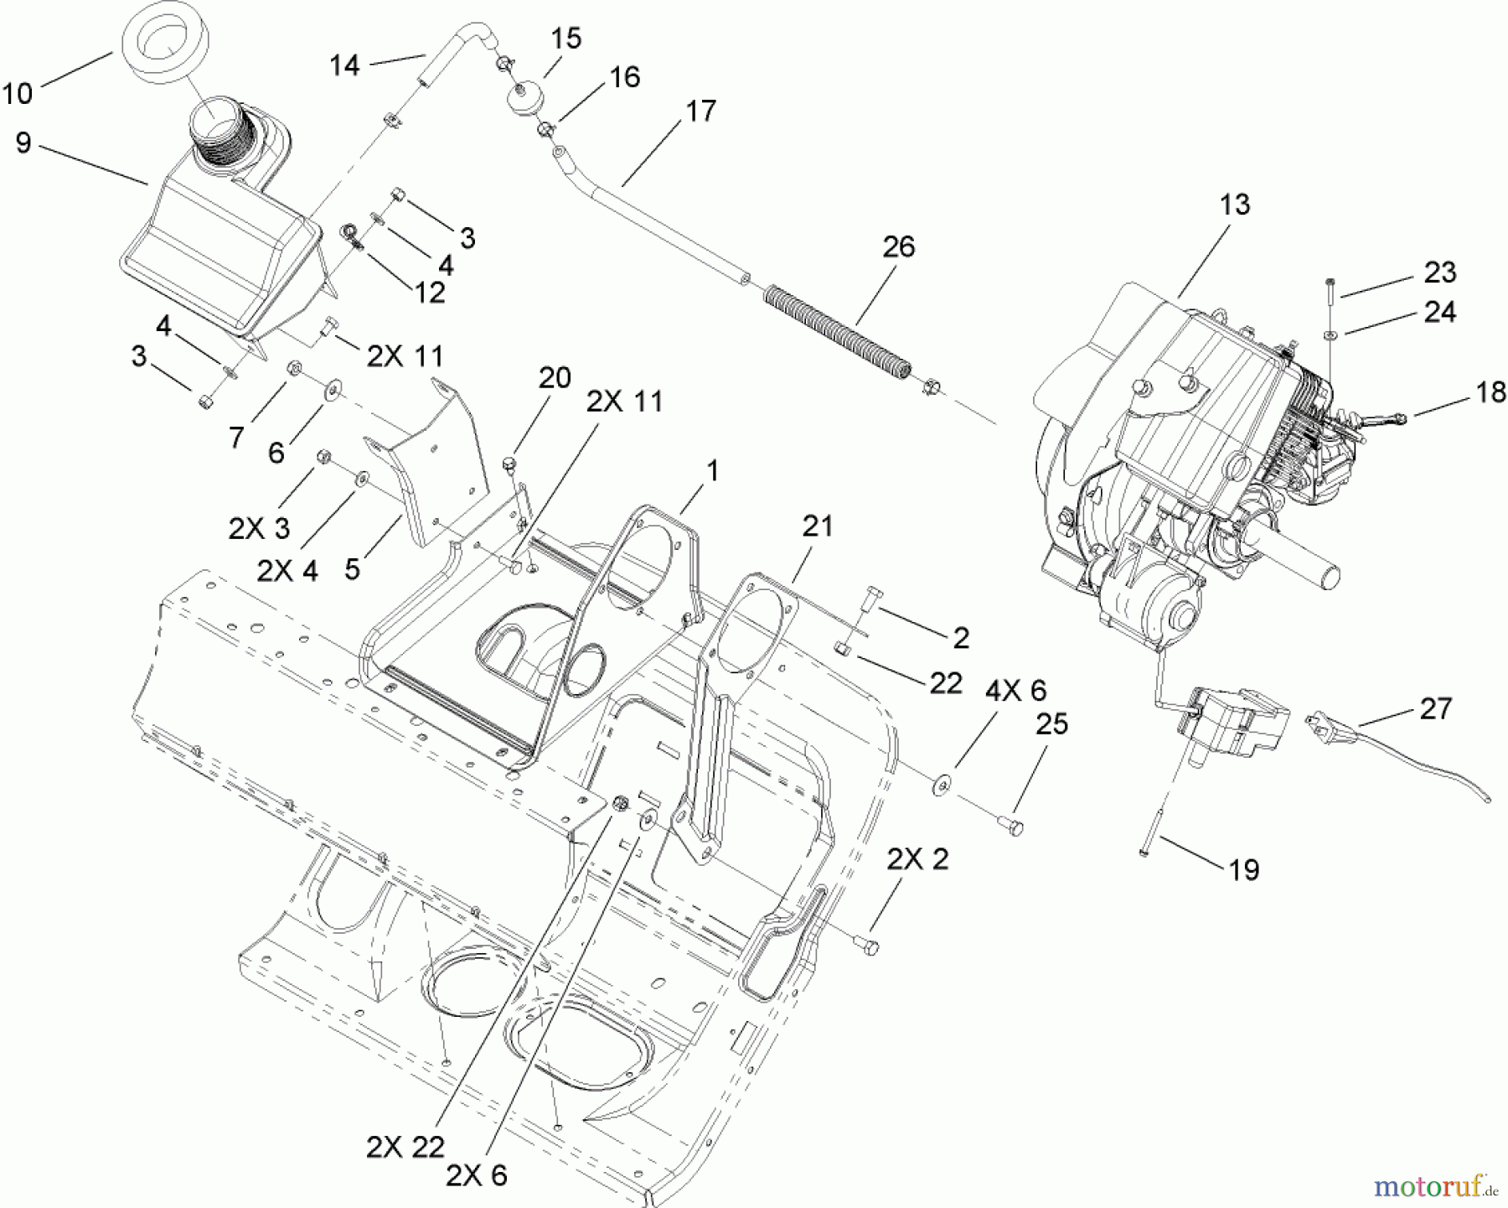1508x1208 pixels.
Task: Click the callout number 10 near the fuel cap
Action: pos(17,92)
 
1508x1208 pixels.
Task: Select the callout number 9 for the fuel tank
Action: pos(23,143)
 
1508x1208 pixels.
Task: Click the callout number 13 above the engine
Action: pos(1235,205)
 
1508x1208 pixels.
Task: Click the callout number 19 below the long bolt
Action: pos(1244,869)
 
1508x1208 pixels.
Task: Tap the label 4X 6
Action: pos(1015,690)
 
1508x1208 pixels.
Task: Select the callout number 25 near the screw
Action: pos(1051,724)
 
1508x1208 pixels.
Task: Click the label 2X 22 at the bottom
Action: pos(405,1147)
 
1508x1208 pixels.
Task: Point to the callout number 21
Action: pos(817,526)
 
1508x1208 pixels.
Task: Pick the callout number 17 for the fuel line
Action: pos(700,111)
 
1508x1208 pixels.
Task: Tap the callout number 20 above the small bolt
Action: pos(554,378)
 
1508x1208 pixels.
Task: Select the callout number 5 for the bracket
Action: pos(352,568)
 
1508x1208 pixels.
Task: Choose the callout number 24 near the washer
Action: pos(1439,312)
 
